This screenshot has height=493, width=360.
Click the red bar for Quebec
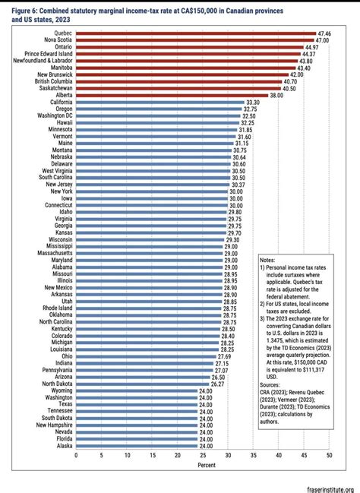pos(195,34)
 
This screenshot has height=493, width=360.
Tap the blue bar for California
pos(159,102)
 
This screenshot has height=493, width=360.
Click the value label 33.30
pos(254,102)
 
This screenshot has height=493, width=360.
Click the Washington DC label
pos(53,115)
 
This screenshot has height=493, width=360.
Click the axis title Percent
pos(202,464)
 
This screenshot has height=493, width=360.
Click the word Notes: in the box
pos(269,261)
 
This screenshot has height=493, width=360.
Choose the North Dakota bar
pos(142,384)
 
